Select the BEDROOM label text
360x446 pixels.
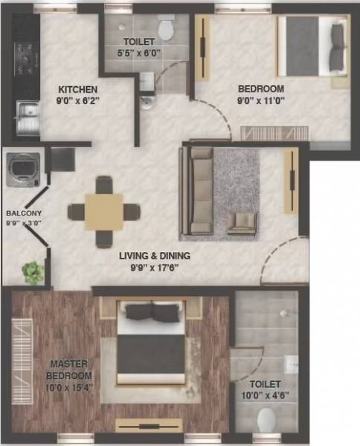(x=262, y=88)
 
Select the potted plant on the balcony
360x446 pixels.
(x=32, y=273)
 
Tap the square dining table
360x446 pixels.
(x=104, y=212)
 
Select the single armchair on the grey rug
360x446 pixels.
(x=241, y=222)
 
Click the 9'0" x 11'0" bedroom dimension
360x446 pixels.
(x=262, y=101)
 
